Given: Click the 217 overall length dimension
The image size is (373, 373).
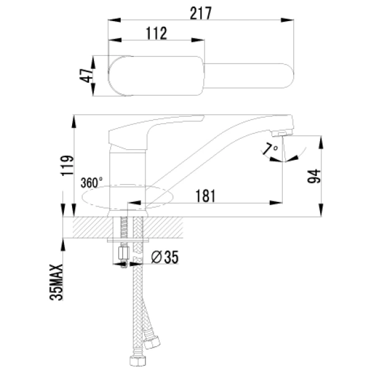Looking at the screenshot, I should tap(201, 12).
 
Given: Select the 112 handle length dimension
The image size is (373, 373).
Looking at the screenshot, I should tap(156, 34).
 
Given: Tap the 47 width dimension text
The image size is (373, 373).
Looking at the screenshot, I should tap(86, 76).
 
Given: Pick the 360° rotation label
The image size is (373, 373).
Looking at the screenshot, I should tap(92, 183).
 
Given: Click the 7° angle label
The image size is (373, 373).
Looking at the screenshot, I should tap(269, 149).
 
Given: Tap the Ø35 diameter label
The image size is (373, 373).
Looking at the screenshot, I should tap(165, 257).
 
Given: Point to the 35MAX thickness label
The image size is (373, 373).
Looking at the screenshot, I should tap(57, 282).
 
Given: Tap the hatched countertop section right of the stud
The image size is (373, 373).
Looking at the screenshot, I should tap(168, 226).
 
